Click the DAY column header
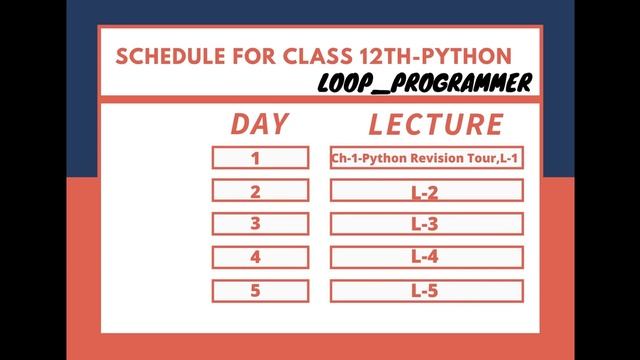pyautogui.click(x=259, y=124)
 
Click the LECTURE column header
pyautogui.click(x=435, y=124)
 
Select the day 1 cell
pyautogui.click(x=259, y=157)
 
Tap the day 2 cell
pyautogui.click(x=259, y=191)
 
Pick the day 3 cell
pyautogui.click(x=259, y=224)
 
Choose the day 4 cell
pyautogui.click(x=259, y=257)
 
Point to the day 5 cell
pyautogui.click(x=259, y=291)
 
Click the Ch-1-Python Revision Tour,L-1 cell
pyautogui.click(x=426, y=157)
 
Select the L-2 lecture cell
pyautogui.click(x=426, y=191)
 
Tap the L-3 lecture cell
pyautogui.click(x=426, y=224)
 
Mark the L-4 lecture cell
pyautogui.click(x=426, y=257)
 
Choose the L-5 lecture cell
pyautogui.click(x=426, y=291)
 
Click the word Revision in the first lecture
pyautogui.click(x=438, y=157)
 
